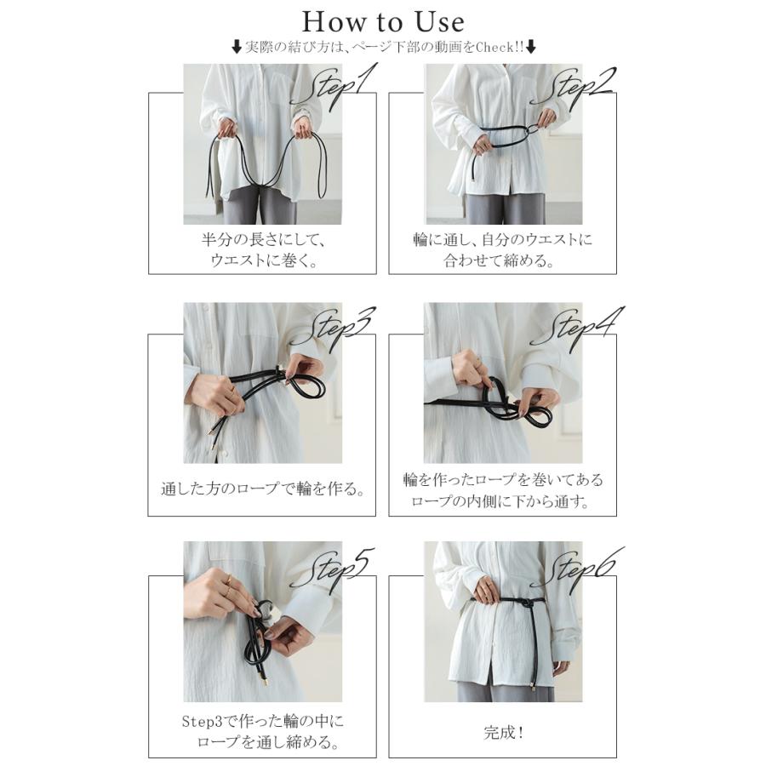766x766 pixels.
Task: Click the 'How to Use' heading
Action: [x=383, y=22]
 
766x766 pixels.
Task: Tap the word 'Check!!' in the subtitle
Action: [x=500, y=48]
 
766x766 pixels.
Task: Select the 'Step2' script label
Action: [x=574, y=87]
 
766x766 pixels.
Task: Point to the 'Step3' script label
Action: [x=334, y=328]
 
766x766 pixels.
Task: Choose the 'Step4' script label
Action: [x=576, y=328]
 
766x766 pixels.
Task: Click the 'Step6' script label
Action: [x=576, y=569]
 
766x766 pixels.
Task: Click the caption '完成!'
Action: [x=503, y=732]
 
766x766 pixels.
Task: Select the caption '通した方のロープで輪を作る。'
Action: [x=262, y=489]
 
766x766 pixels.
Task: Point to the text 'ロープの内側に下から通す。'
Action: [x=500, y=501]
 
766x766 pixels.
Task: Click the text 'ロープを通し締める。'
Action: [x=268, y=742]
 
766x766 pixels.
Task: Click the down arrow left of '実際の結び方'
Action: [x=237, y=48]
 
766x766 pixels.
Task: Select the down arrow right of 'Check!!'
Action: [x=531, y=48]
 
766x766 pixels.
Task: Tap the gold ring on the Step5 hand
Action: [x=229, y=580]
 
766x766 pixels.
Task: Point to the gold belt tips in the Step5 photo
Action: [x=265, y=676]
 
